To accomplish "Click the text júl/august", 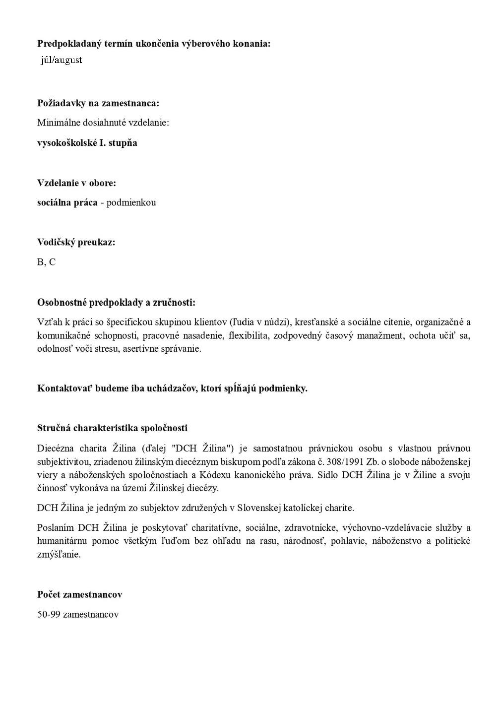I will coord(61,61).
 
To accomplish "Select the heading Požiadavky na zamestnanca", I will coord(98,103).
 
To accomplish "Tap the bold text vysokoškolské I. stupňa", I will coord(87,143).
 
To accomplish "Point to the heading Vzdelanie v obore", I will coord(76,183).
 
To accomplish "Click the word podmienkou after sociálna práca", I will coord(131,202).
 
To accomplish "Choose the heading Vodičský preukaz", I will coord(76,242).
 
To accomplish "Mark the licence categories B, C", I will coord(46,262).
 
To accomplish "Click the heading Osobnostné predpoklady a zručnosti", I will coord(116,302).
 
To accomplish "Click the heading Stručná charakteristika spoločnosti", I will coord(112,428).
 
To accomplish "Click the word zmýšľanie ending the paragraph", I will coord(59,554).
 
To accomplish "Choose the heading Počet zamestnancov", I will coord(79,594).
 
